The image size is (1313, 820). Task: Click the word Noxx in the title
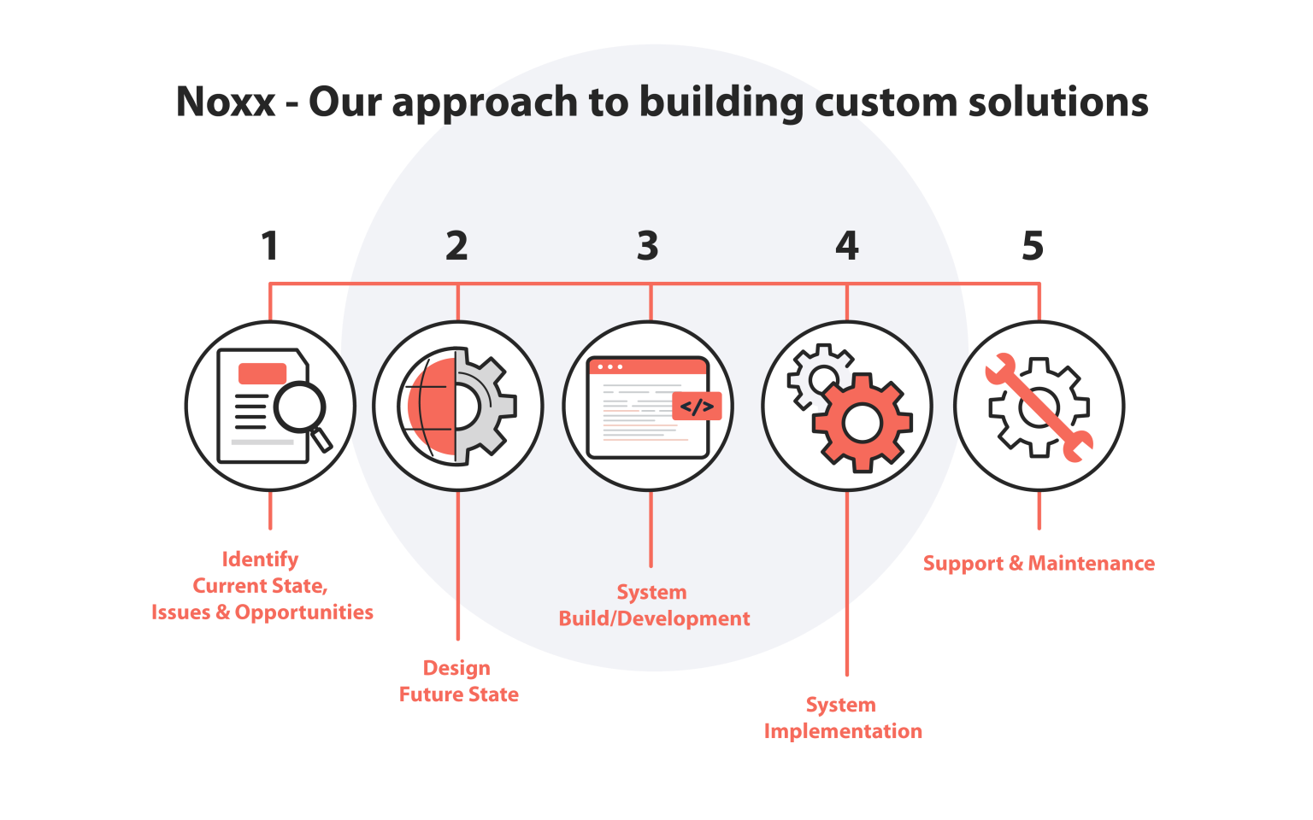click(x=226, y=102)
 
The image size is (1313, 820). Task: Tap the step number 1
click(x=270, y=246)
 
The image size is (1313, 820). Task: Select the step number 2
click(x=456, y=246)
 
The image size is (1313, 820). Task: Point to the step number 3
click(x=647, y=246)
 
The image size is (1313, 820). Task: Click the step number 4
click(x=846, y=246)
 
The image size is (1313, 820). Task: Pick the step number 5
click(x=1033, y=246)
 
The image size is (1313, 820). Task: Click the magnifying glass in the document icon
click(x=300, y=408)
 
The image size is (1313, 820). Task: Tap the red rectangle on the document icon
click(x=262, y=373)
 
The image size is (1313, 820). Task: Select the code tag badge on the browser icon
click(x=697, y=407)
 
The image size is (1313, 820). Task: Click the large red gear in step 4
click(x=862, y=423)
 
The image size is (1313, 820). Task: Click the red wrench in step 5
click(x=1039, y=408)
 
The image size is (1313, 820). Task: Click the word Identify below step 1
click(x=261, y=559)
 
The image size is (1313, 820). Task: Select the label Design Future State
click(x=458, y=681)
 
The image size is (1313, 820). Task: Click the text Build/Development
click(x=654, y=618)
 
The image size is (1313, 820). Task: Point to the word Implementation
click(x=843, y=731)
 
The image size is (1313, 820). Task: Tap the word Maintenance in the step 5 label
click(x=1091, y=564)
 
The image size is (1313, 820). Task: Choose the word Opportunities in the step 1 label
click(x=304, y=612)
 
